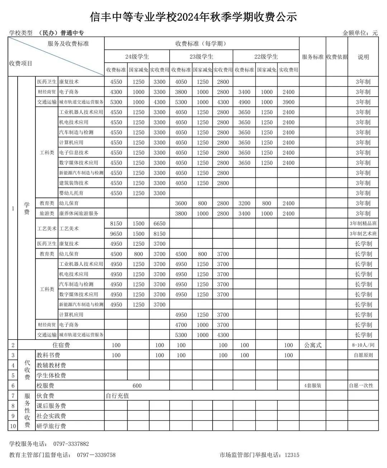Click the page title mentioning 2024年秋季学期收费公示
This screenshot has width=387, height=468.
(x=193, y=17)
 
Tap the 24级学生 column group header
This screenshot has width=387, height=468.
(x=137, y=57)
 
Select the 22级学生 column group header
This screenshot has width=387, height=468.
(x=266, y=57)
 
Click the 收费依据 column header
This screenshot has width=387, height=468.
(x=336, y=57)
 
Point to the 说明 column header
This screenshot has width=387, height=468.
(x=363, y=57)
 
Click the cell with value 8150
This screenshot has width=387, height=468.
(x=116, y=224)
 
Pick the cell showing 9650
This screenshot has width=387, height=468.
(x=116, y=234)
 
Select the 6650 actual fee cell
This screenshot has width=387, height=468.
(x=159, y=224)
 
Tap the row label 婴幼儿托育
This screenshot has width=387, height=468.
(x=71, y=193)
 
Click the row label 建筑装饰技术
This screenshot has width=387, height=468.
(x=74, y=183)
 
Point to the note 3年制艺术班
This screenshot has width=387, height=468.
(x=363, y=234)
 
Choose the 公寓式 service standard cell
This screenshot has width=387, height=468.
(x=313, y=345)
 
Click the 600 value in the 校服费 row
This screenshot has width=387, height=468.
(x=137, y=386)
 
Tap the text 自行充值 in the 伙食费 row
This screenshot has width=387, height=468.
(x=117, y=396)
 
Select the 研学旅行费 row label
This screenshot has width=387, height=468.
(x=51, y=426)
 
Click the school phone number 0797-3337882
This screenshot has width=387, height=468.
(x=71, y=444)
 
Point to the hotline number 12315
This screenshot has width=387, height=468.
(x=292, y=455)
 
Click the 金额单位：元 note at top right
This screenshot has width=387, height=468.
(x=360, y=33)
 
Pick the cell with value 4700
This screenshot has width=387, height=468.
(x=181, y=325)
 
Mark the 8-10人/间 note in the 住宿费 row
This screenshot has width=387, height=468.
(x=363, y=345)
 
